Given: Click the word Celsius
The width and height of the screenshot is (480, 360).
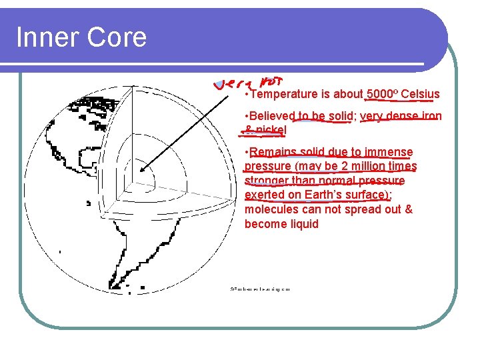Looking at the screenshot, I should click(x=420, y=94).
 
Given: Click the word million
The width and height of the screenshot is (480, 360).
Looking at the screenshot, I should click(x=354, y=166).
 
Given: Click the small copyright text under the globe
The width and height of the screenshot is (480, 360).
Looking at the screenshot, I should click(x=260, y=289).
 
